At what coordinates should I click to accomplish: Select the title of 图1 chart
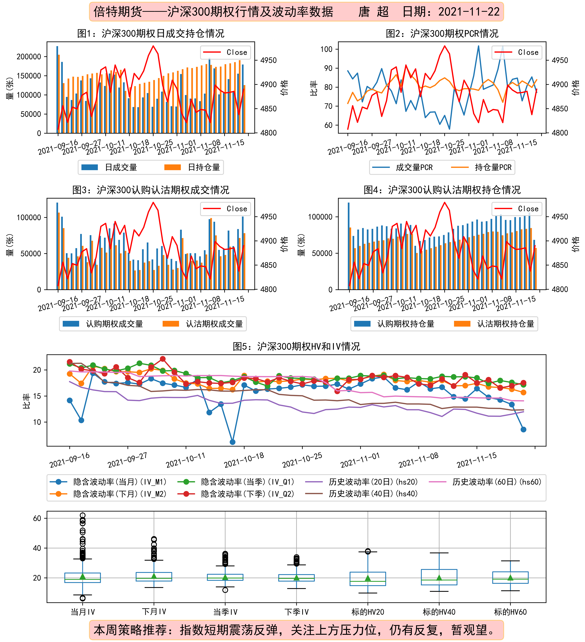[151, 33]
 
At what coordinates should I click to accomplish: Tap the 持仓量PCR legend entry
[481, 167]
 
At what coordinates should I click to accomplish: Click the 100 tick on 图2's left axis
[326, 49]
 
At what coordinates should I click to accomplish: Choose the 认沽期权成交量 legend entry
[203, 324]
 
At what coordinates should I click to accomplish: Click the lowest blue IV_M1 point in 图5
[233, 442]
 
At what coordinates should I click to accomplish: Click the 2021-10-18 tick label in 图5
[244, 460]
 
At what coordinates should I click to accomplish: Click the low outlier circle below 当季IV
[225, 590]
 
